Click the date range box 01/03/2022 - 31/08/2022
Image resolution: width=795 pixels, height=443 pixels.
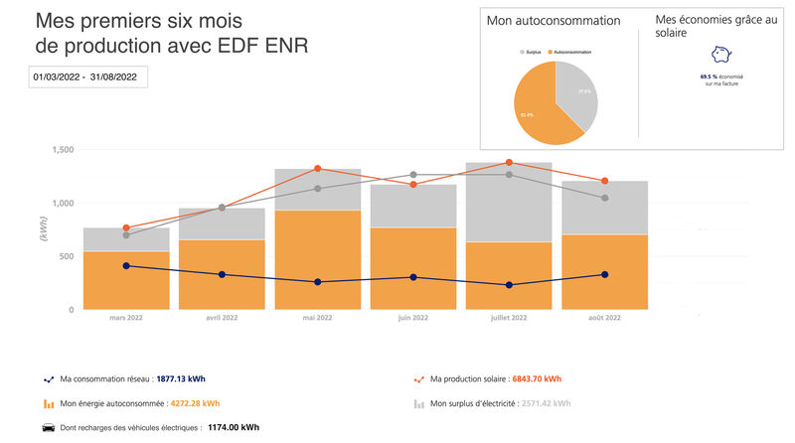pyautogui.click(x=88, y=75)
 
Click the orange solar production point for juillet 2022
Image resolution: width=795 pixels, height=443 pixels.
pyautogui.click(x=509, y=162)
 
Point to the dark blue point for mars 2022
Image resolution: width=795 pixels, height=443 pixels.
pyautogui.click(x=126, y=266)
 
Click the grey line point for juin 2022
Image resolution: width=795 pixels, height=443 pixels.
pyautogui.click(x=413, y=175)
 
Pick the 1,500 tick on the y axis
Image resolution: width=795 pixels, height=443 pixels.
pyautogui.click(x=62, y=149)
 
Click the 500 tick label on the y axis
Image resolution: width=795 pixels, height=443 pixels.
pyautogui.click(x=65, y=256)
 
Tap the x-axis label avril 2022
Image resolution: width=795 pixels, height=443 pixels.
pyautogui.click(x=222, y=319)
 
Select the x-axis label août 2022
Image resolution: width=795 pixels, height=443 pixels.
pyautogui.click(x=604, y=319)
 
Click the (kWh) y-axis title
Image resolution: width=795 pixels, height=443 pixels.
pyautogui.click(x=43, y=227)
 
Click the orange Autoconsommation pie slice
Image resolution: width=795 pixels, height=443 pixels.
pyautogui.click(x=542, y=109)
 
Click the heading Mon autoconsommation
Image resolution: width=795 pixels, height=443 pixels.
pyautogui.click(x=554, y=21)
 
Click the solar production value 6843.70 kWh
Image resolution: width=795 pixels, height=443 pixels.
pyautogui.click(x=537, y=378)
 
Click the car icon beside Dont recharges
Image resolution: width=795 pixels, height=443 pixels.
pyautogui.click(x=48, y=428)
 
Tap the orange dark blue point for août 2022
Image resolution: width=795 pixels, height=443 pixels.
pyautogui.click(x=604, y=275)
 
